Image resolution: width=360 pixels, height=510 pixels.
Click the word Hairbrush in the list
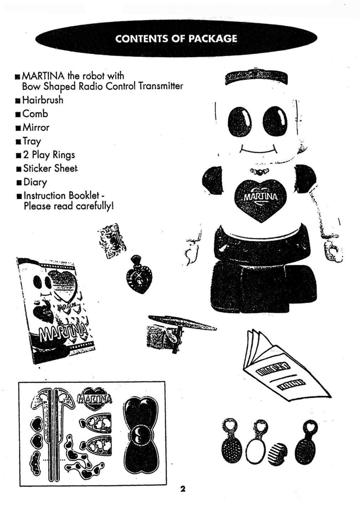[x=43, y=100]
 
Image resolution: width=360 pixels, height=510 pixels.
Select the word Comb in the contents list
[x=35, y=114]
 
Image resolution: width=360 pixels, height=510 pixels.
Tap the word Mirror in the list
[x=36, y=128]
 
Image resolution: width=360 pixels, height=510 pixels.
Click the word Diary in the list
[x=35, y=183]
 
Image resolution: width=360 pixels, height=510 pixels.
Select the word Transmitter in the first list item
[x=161, y=86]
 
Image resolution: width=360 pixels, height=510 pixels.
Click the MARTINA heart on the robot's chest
[x=260, y=199]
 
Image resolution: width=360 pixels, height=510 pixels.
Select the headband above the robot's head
[x=256, y=78]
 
